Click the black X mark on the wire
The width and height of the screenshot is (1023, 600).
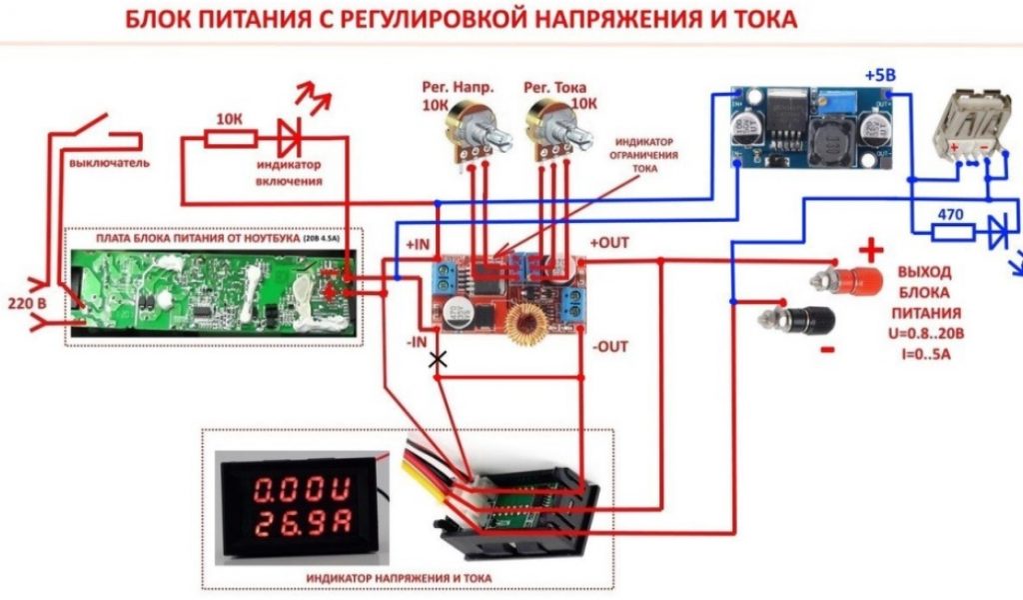point(437,359)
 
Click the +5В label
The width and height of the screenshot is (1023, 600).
point(882,76)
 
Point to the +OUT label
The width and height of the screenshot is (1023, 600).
point(610,243)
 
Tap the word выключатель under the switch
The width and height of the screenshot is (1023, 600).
point(109,162)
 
